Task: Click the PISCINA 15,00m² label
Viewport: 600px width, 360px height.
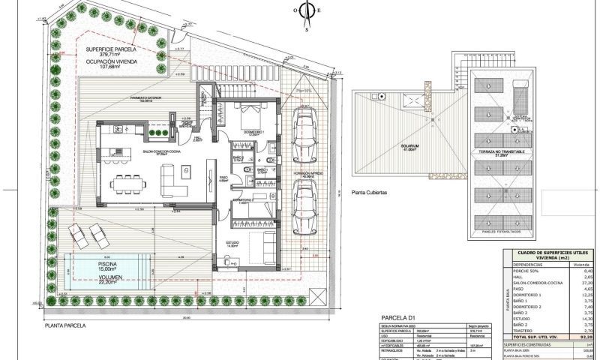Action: pos(100,265)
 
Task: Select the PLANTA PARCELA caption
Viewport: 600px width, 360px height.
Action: pos(65,326)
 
